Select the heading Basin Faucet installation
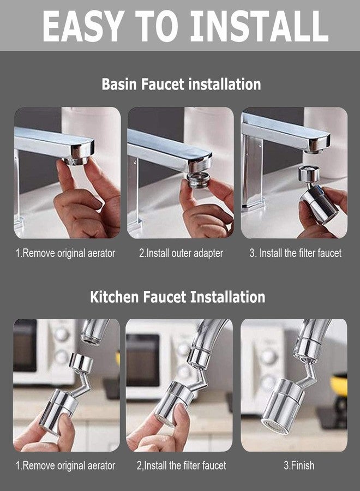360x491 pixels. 181,85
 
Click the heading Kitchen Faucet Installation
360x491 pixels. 177,297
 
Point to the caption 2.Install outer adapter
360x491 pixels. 181,253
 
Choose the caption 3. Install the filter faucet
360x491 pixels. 295,253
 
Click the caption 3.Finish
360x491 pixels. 298,465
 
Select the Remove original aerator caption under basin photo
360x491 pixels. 65,253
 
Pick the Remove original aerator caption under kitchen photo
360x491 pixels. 65,465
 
